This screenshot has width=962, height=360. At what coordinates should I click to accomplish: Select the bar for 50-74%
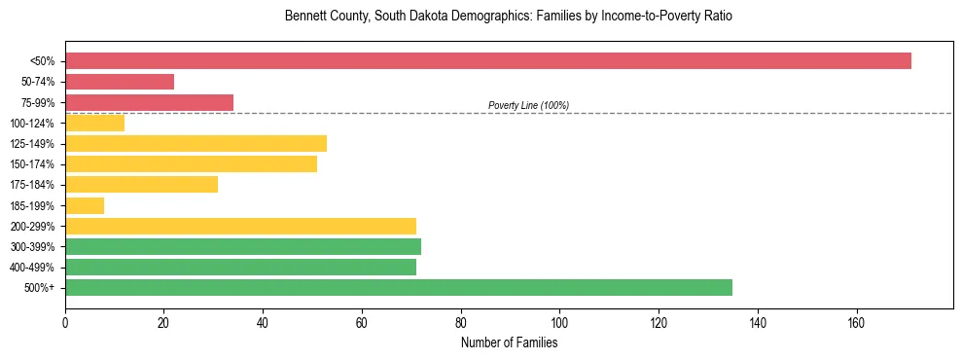point(120,82)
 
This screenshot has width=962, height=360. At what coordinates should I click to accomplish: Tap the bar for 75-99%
point(149,102)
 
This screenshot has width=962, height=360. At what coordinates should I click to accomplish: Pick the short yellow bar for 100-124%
point(94,123)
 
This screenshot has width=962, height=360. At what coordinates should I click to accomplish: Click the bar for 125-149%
point(196,143)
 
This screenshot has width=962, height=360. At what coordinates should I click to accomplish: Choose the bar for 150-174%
point(191,163)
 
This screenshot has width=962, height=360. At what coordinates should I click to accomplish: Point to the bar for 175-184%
point(141,184)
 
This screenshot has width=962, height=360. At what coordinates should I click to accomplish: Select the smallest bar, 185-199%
point(85,205)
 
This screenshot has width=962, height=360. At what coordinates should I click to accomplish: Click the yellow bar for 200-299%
point(240,226)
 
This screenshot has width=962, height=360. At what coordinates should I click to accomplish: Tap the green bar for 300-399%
point(243,246)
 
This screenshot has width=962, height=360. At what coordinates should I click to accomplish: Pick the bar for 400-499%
point(240,267)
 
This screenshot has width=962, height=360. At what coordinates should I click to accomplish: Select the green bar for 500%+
point(399,287)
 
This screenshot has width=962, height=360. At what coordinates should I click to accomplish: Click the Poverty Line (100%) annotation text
point(528,105)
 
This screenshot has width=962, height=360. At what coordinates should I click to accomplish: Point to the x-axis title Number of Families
point(509,342)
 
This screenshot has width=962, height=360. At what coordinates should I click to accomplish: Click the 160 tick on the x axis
point(856,321)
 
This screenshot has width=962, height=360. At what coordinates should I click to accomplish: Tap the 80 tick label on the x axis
point(460,321)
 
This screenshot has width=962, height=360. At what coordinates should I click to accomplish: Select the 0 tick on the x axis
point(65,321)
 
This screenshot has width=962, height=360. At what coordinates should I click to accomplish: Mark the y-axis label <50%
point(44,61)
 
